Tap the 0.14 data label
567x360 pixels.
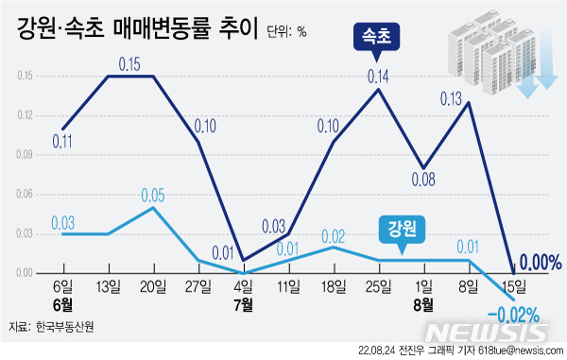coord(379,76)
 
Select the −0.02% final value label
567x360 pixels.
coord(513,313)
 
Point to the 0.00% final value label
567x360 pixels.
coord(541,261)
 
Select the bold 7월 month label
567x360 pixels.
coord(243,304)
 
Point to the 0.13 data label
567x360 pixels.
coord(452,97)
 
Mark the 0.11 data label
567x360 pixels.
coord(62,142)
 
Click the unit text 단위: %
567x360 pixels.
coord(286,30)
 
